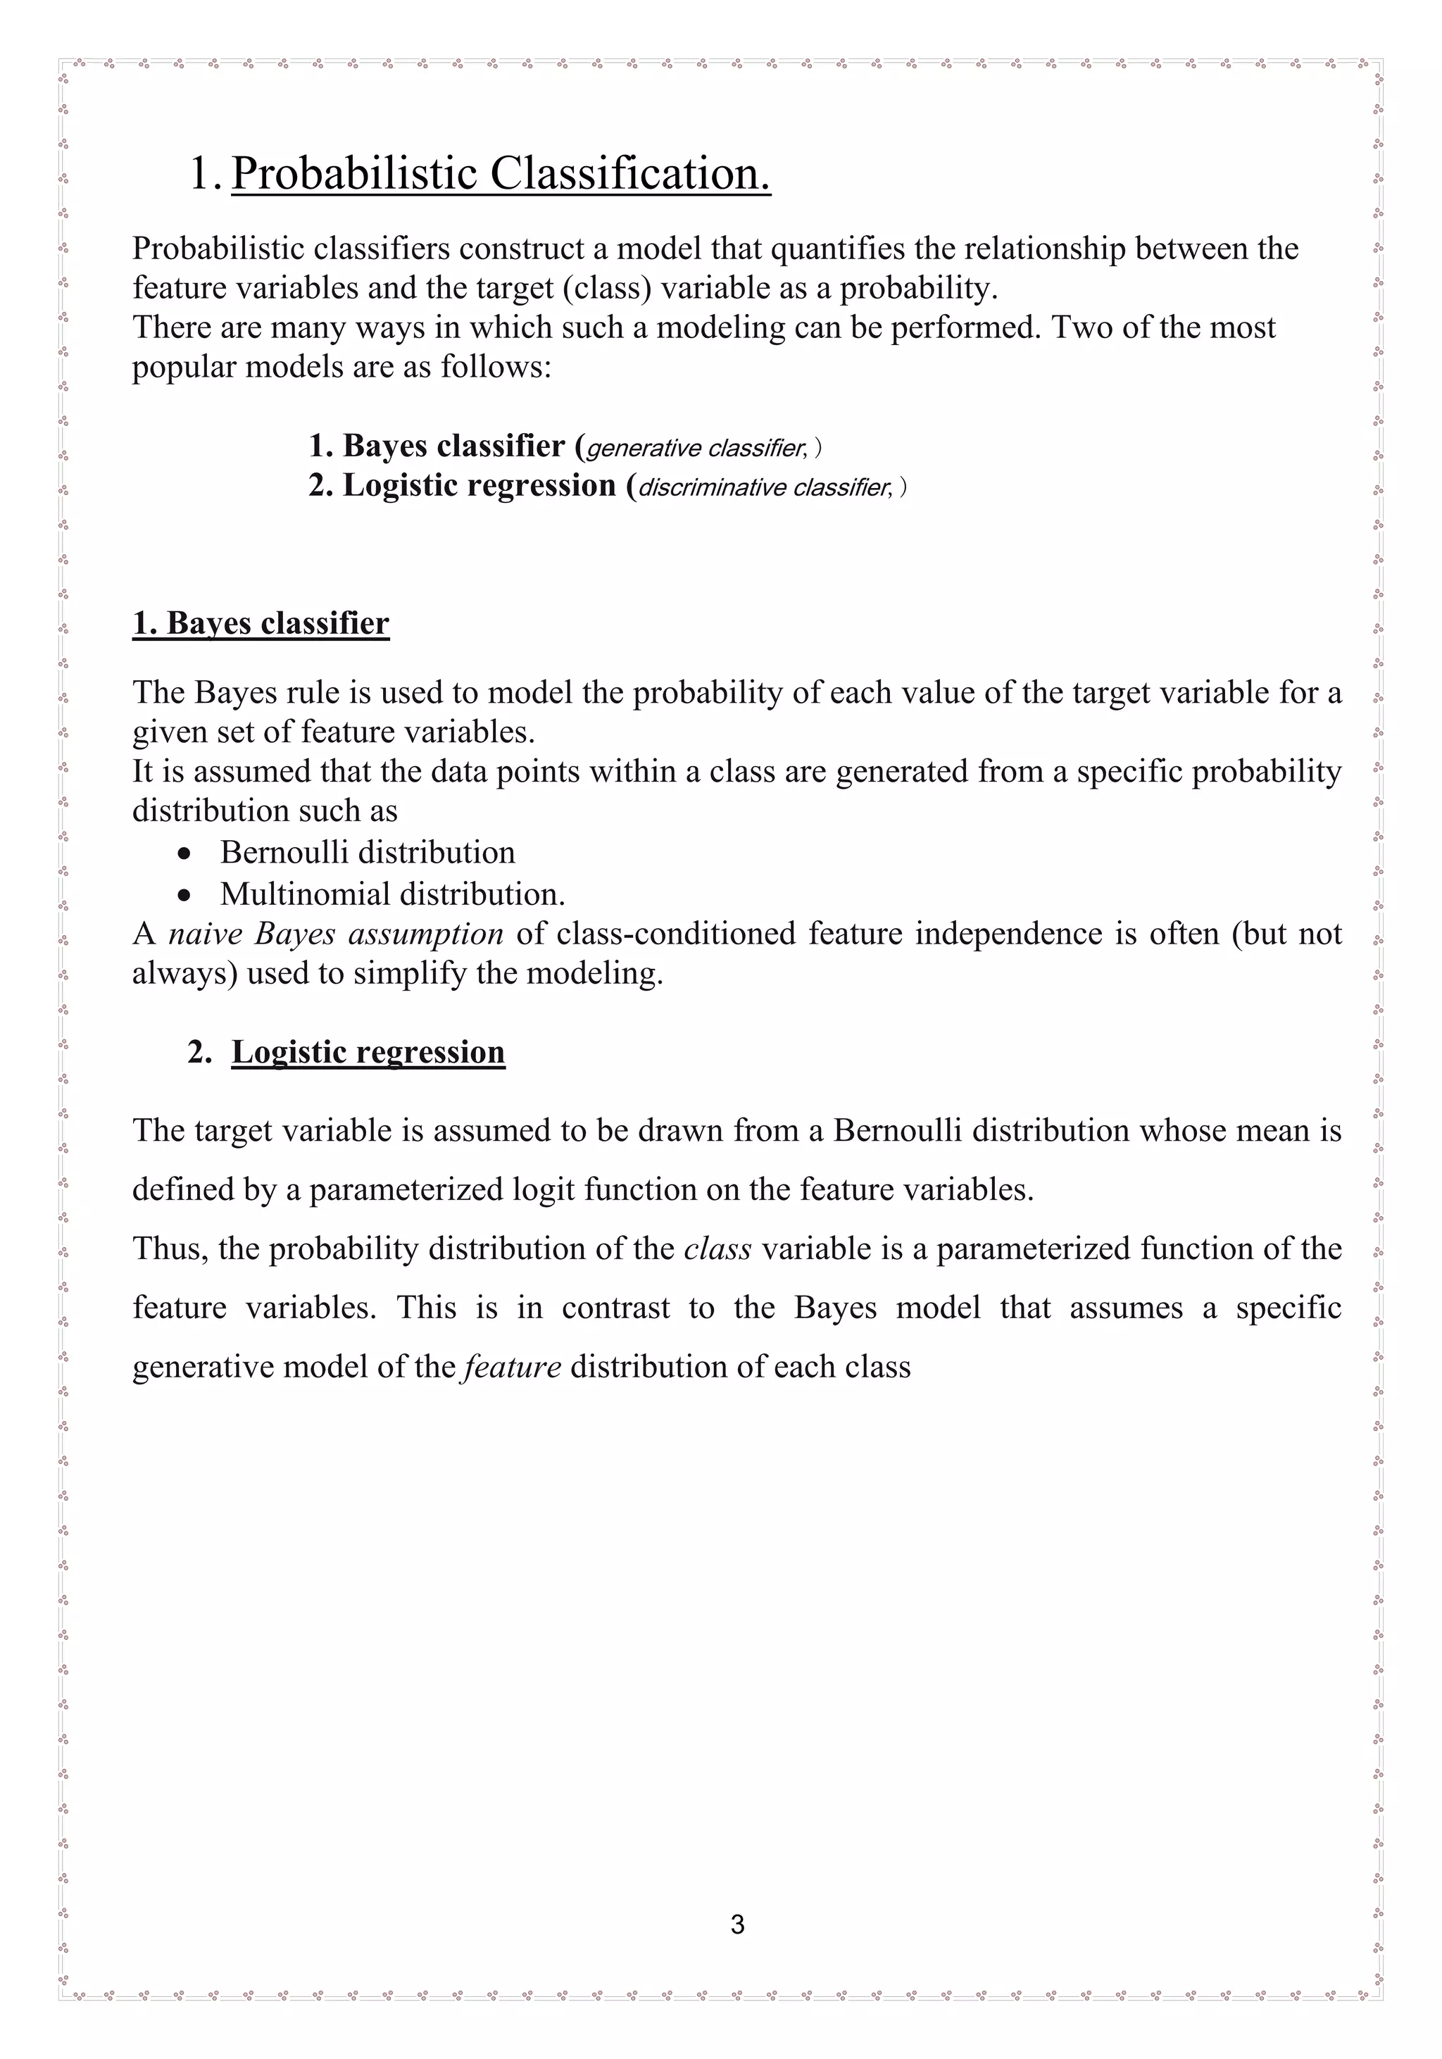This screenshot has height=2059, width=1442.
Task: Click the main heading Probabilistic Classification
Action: pos(501,173)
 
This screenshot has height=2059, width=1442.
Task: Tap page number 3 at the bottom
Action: pos(737,1925)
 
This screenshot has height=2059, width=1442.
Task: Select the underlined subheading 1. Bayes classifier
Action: pos(261,623)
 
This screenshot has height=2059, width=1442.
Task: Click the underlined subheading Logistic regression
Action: pos(368,1052)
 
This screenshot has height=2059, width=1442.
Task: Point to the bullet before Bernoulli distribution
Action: pos(184,853)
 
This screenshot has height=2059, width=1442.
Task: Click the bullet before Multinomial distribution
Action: pos(184,895)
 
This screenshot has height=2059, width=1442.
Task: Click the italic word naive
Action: pos(204,934)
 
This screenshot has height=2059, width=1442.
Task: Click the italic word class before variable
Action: pos(717,1248)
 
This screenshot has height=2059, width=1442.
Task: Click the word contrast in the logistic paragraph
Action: pos(616,1308)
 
